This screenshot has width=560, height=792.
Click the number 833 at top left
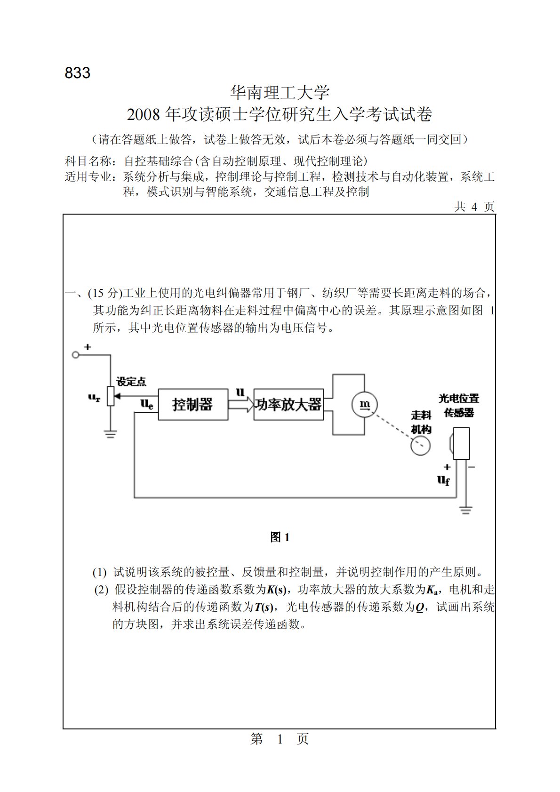[78, 73]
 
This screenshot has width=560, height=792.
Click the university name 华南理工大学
[280, 92]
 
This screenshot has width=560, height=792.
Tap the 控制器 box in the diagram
[193, 404]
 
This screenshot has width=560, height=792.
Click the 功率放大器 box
[288, 404]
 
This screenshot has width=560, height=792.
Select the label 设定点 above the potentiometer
[131, 382]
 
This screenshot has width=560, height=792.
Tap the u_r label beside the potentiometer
[94, 398]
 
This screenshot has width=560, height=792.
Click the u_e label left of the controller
[147, 404]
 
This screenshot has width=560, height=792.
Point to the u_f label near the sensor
[443, 480]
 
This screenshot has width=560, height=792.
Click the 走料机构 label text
[421, 422]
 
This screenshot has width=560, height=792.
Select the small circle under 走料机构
[420, 445]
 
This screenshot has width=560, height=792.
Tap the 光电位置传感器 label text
[459, 405]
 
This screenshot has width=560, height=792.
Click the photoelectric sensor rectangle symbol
[461, 443]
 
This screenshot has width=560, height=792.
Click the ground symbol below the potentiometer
[110, 434]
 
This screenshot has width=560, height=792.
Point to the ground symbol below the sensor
[465, 510]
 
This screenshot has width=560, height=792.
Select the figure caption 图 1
[280, 537]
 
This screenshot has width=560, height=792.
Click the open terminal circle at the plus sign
[75, 355]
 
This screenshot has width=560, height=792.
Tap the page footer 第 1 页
[280, 739]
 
